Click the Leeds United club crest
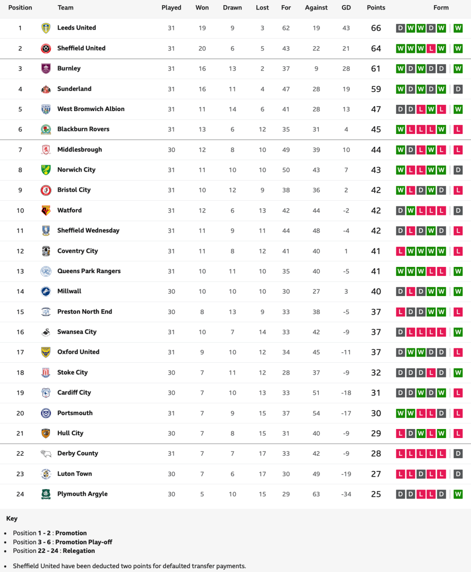(46, 28)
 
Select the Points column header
(376, 8)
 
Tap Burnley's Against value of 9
(316, 69)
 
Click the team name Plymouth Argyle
(82, 494)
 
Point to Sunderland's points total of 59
(376, 89)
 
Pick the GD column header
(346, 8)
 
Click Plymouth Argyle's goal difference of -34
(346, 494)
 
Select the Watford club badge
(46, 210)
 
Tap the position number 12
(20, 251)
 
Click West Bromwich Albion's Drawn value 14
(232, 109)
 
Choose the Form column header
(441, 8)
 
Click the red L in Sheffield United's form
(431, 48)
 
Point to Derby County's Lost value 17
(262, 454)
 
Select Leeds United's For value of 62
(286, 28)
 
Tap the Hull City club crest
(46, 433)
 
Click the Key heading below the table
(12, 518)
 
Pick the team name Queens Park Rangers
(89, 271)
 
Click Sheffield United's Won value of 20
(202, 48)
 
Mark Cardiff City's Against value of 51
(316, 393)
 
